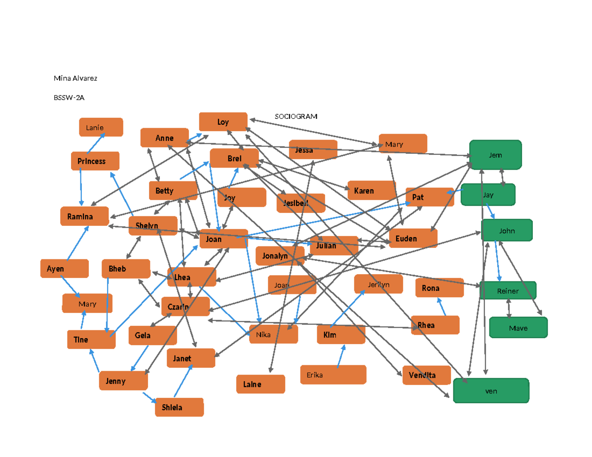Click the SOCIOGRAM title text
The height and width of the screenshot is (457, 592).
pos(296,116)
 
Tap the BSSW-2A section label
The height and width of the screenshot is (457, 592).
pos(69,98)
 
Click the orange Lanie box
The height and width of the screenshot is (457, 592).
pos(101,127)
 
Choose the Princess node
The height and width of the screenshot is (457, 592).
pos(95,161)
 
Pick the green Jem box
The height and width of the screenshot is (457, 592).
pos(495,155)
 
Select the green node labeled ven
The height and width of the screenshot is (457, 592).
pos(491,391)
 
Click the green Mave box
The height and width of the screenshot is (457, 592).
pos(518,328)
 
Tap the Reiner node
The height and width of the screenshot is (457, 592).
pos(508,291)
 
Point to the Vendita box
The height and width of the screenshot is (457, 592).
pos(426,375)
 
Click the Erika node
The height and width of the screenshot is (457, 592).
pos(333,375)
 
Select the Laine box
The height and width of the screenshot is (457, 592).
pos(260,384)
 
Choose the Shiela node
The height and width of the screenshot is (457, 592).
pos(179,407)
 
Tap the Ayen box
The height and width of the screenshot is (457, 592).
pos(64,269)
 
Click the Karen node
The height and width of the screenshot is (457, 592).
pos(371,190)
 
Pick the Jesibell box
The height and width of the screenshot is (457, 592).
pos(300,203)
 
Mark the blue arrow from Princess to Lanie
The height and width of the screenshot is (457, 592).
pos(95,142)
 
